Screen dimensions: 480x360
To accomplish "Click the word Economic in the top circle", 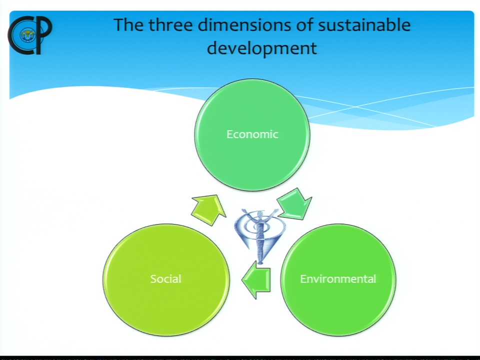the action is (x=252, y=134).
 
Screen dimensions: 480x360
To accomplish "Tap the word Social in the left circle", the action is (x=165, y=279).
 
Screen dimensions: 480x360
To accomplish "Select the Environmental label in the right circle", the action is (x=338, y=279).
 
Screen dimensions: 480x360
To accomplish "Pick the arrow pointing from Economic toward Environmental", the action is (x=295, y=204).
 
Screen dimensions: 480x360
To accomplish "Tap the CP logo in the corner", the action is (x=30, y=35).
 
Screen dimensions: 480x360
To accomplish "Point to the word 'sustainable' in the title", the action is (x=364, y=25).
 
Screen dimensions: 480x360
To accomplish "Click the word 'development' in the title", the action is (x=262, y=48).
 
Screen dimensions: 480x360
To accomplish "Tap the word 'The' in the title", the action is (x=128, y=25).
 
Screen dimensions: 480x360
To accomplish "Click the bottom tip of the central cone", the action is (x=260, y=263).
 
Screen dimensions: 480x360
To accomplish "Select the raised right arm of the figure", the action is (x=270, y=215).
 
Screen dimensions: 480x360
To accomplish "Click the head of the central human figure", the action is (x=260, y=214).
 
